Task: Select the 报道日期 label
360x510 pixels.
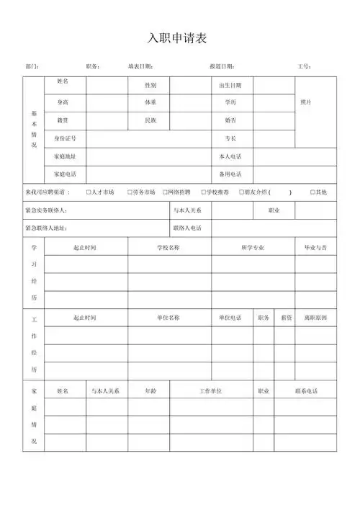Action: point(221,66)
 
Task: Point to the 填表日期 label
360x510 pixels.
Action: point(140,66)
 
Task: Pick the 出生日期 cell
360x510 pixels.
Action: point(230,85)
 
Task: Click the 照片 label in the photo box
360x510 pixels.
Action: point(306,102)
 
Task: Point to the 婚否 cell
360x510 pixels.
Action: point(230,120)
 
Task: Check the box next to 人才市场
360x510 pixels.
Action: point(88,192)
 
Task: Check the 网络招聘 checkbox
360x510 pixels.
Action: point(165,192)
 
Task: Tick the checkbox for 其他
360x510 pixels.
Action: point(312,192)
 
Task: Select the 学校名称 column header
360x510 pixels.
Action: point(168,248)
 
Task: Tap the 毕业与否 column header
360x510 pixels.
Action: point(315,248)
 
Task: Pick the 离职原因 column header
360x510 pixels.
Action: point(315,318)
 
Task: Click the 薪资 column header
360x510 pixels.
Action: point(286,318)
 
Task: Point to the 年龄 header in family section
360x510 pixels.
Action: point(150,391)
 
